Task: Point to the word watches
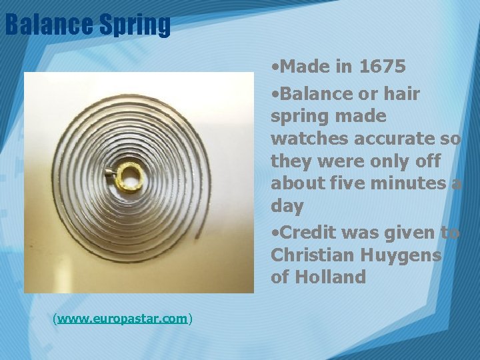(x=306, y=139)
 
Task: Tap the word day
(x=287, y=207)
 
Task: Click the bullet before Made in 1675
(x=275, y=67)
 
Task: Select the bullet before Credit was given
(x=275, y=233)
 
